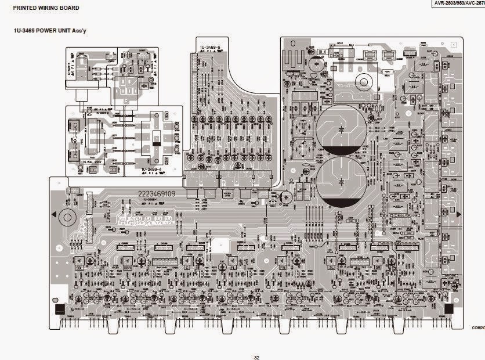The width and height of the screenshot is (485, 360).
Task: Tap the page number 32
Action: (x=256, y=357)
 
